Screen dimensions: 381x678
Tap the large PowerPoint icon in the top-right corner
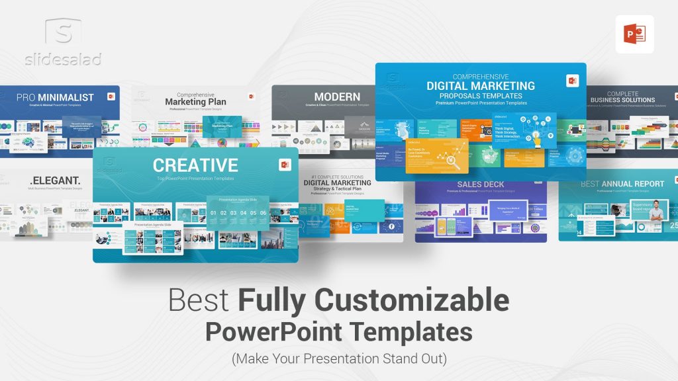[634, 34]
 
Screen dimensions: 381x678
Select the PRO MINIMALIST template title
[56, 97]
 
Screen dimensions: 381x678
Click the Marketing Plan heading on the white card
[195, 102]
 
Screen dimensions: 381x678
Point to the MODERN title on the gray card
[337, 97]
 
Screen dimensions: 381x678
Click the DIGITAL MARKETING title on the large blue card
[480, 85]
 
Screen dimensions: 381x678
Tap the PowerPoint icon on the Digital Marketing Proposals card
[572, 80]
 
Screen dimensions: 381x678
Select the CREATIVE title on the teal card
[195, 165]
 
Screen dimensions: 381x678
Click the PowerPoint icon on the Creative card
[285, 165]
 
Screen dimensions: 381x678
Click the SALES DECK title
[481, 185]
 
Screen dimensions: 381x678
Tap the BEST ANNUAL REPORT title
[622, 184]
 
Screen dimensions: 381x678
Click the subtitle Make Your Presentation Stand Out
[339, 359]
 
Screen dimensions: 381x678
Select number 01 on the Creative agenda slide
[213, 213]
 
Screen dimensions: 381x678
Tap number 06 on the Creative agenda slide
[263, 213]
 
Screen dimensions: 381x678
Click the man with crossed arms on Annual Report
[655, 212]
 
